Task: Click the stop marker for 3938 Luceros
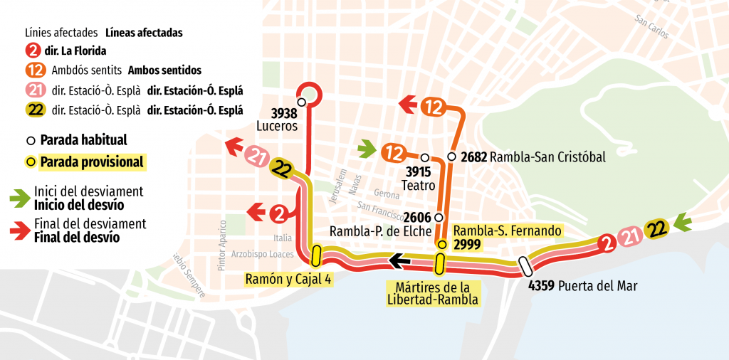tap(302, 102)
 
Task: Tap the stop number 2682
tap(473, 157)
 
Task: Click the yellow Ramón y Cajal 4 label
tap(288, 278)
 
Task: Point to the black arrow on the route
tap(398, 263)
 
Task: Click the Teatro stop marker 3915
tap(424, 157)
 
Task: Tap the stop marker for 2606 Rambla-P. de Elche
tap(439, 217)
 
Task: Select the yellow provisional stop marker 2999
tap(441, 245)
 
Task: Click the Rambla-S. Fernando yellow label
tap(507, 231)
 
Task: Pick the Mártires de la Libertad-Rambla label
tap(432, 293)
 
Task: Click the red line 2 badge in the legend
tap(33, 51)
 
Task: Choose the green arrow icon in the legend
tap(20, 198)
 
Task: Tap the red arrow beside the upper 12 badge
tap(408, 105)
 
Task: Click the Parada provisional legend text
tap(92, 162)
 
